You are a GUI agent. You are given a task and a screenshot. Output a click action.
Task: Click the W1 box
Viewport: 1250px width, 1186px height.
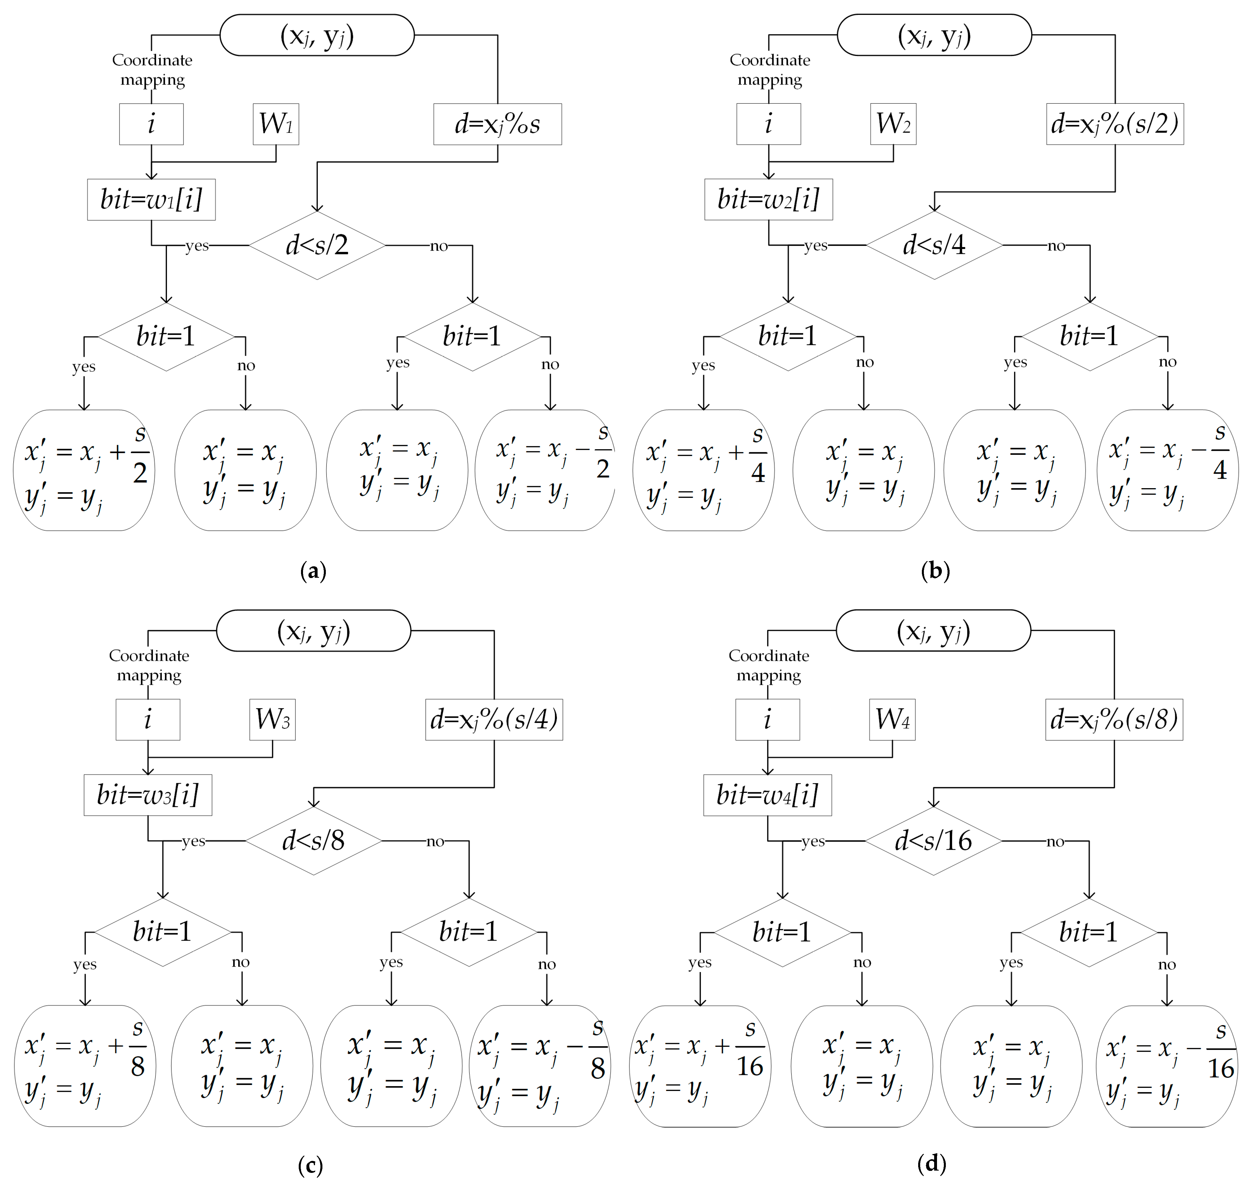[276, 124]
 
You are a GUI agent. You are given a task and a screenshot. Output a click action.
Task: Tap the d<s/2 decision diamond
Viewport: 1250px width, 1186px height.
[317, 245]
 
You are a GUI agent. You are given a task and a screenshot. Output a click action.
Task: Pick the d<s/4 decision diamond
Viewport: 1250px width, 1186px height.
[934, 245]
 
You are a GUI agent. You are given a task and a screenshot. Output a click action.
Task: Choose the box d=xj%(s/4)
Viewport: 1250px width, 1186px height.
[494, 720]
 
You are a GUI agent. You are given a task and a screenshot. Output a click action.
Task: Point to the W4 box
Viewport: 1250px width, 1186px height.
[892, 720]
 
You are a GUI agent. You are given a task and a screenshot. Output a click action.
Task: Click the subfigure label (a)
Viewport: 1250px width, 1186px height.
[313, 571]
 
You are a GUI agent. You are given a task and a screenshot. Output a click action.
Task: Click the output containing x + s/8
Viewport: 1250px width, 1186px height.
[85, 1066]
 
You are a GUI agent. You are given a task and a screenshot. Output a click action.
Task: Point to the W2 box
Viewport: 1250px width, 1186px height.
[893, 124]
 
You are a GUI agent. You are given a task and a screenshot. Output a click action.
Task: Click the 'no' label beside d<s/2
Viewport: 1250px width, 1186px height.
[439, 246]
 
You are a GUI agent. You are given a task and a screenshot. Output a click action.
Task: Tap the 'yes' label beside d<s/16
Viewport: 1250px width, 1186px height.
[813, 841]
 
